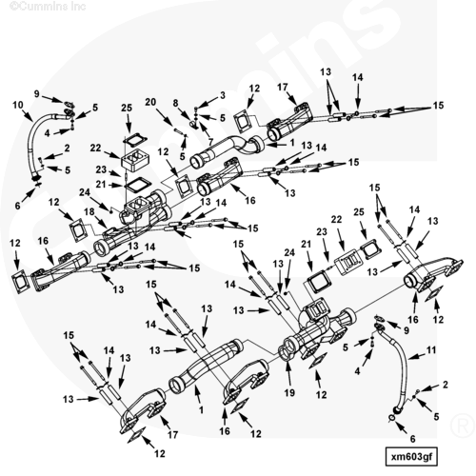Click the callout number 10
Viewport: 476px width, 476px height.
(18, 105)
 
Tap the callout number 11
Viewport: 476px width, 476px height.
(431, 350)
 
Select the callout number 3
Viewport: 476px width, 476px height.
(223, 95)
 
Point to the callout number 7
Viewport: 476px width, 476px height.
(210, 142)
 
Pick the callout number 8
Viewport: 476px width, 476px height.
(175, 103)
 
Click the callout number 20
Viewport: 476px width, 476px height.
(150, 102)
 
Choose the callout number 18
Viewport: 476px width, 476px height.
(89, 211)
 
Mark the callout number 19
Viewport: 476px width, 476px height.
(289, 392)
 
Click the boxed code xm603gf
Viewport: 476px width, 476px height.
(411, 457)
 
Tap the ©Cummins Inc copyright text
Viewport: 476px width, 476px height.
(48, 6)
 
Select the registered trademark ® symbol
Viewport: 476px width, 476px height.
(462, 426)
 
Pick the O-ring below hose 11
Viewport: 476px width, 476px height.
(392, 419)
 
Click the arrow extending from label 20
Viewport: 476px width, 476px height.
(165, 117)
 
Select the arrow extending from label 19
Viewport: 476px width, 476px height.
(288, 373)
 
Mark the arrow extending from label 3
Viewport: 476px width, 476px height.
(208, 101)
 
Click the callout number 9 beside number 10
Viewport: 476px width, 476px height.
(37, 94)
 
